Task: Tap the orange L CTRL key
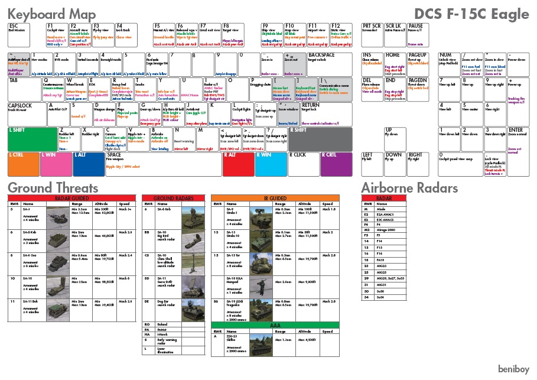23,164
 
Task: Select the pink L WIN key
56,164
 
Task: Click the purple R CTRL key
336,164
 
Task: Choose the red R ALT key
237,164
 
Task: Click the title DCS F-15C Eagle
470,14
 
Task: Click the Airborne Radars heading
409,188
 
